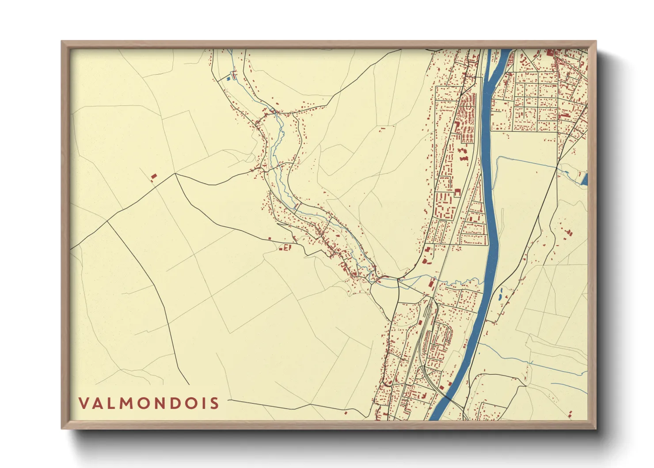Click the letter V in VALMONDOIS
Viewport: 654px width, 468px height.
tap(84, 403)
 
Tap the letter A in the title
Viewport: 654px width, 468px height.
tap(99, 403)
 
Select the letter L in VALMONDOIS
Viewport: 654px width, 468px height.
tap(113, 403)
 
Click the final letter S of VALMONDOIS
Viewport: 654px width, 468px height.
tap(215, 403)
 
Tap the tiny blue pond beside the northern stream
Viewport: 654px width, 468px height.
tap(228, 79)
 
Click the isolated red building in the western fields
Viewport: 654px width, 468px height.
tap(154, 176)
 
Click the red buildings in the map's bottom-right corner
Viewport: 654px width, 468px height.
tap(571, 414)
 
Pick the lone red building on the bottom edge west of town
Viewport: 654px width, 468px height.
tap(346, 413)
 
